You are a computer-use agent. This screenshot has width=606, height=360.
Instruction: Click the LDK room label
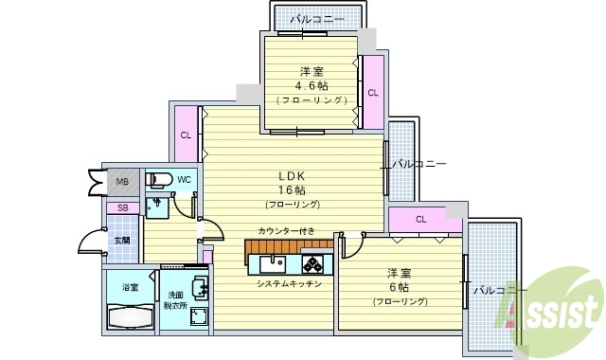coord(292,176)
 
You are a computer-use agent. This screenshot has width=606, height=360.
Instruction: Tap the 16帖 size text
coord(292,189)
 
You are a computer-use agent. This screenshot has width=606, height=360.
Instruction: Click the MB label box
coord(123,182)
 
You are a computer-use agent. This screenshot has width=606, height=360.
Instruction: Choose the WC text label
coord(184,180)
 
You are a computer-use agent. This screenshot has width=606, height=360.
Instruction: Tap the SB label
coord(123,208)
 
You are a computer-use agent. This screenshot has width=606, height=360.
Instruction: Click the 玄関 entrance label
coord(123,241)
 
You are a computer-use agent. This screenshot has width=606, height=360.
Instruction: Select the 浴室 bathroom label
coord(130,287)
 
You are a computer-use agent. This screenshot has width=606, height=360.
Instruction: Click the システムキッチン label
coord(289,283)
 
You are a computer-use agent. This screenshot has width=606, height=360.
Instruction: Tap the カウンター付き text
coord(285,231)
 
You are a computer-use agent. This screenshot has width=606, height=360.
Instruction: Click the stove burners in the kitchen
coord(312,261)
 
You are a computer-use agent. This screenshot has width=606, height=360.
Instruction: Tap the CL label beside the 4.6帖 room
coord(373,93)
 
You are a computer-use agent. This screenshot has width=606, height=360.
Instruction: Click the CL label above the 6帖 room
coord(420,220)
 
